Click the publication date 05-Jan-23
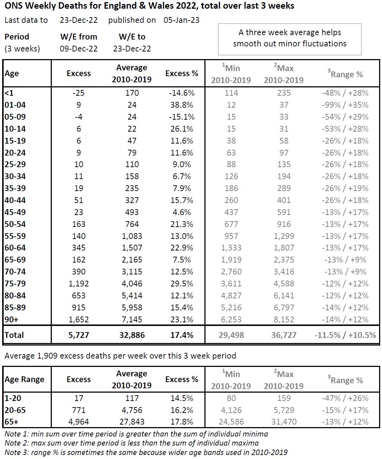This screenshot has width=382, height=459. [x=181, y=20]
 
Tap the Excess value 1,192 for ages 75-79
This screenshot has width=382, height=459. [x=79, y=284]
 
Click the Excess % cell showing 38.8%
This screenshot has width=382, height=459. [x=182, y=105]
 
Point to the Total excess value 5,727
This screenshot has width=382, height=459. [x=79, y=335]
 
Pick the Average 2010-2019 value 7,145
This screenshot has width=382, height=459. [x=132, y=319]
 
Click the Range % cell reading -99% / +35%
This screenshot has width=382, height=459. [x=345, y=105]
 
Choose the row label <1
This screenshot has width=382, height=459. [x=9, y=93]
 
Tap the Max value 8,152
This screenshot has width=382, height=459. [x=284, y=319]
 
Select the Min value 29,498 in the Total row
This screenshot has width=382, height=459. [x=231, y=335]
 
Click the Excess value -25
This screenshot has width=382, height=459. [x=79, y=93]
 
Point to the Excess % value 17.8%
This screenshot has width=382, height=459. [x=182, y=422]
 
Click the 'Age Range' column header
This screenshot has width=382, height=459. [x=25, y=380]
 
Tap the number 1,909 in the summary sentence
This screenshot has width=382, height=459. [x=47, y=356]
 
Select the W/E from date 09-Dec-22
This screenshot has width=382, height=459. [x=79, y=49]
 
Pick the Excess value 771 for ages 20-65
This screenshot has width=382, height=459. [x=79, y=410]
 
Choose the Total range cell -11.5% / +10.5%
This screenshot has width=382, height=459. [x=345, y=335]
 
